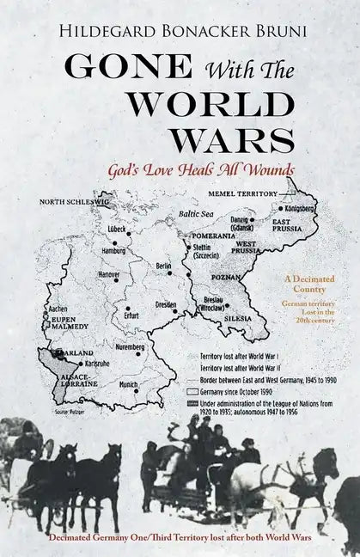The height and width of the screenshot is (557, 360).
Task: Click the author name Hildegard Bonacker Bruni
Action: [x=180, y=33]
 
